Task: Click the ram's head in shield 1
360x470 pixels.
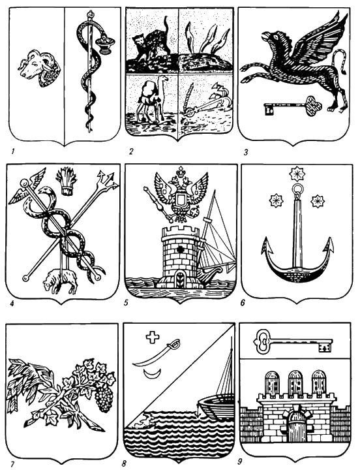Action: tap(39, 68)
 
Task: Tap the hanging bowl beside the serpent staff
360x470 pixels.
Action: tap(106, 44)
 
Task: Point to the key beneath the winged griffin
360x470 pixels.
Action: tap(293, 106)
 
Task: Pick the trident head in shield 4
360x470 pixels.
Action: tap(106, 179)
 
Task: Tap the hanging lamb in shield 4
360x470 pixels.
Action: tap(61, 280)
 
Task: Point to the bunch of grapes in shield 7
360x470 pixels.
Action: tap(104, 396)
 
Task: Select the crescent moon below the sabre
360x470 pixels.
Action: tap(151, 374)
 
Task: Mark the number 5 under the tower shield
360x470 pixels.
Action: tap(127, 302)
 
